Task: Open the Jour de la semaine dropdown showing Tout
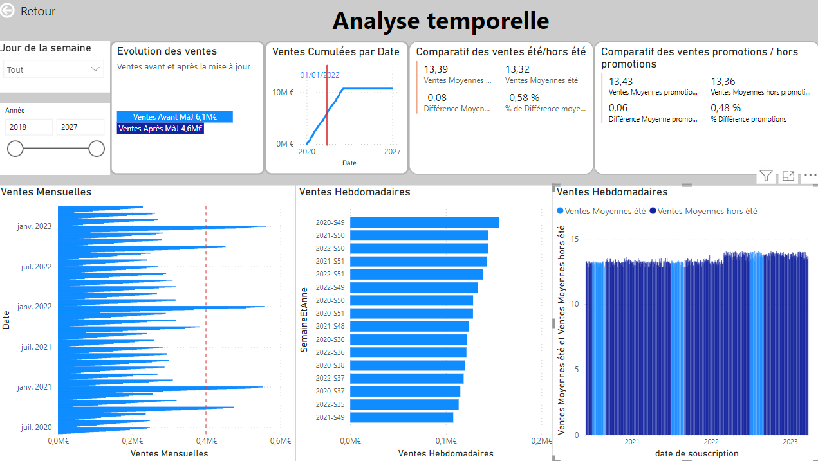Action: click(x=53, y=69)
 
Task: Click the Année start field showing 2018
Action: click(x=29, y=127)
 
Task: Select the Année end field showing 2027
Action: click(x=80, y=127)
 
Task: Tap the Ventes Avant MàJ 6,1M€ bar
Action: click(x=174, y=117)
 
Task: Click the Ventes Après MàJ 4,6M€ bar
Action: click(x=160, y=129)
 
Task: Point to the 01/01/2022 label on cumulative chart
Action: click(x=320, y=75)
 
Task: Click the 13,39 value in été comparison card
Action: click(x=436, y=69)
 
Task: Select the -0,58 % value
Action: click(x=522, y=97)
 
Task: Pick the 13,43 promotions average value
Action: click(x=620, y=81)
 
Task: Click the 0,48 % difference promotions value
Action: click(x=725, y=108)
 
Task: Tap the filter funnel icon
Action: click(x=766, y=176)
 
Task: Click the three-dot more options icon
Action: click(x=810, y=176)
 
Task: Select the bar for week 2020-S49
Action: click(x=424, y=222)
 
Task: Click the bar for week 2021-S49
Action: click(x=402, y=417)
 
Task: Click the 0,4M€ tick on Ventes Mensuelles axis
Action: click(x=206, y=441)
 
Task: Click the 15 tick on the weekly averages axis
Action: click(x=575, y=239)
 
